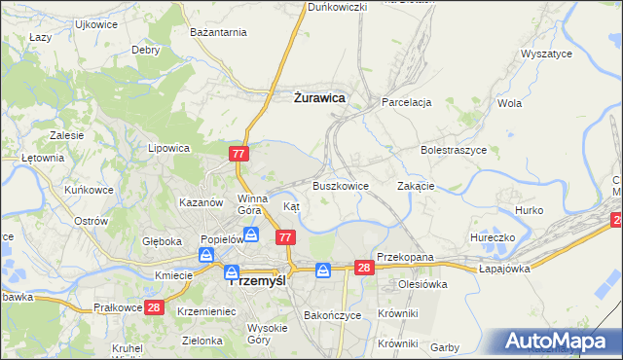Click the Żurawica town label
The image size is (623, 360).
319,97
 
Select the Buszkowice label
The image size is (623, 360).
340,185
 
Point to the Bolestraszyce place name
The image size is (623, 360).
453,151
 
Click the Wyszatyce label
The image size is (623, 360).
546,54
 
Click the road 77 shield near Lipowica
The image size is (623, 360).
240,154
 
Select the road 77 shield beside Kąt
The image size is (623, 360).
286,237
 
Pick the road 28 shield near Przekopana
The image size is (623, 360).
364,268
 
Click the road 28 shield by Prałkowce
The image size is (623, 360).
154,307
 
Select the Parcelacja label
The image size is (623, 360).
406,101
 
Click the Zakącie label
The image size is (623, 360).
416,185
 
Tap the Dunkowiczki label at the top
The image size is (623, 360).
337,7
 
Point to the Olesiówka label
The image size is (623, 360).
421,284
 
